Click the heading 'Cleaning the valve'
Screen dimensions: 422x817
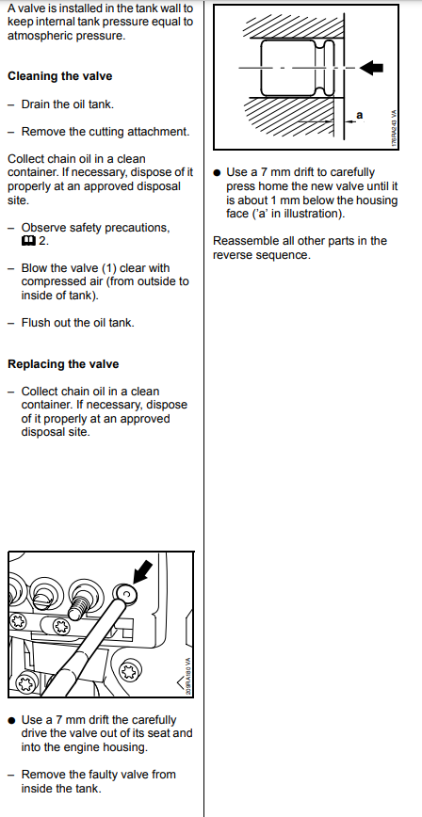pyautogui.click(x=59, y=76)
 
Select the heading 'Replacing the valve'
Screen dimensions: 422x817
pyautogui.click(x=63, y=364)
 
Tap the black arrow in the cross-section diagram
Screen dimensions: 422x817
pyautogui.click(x=372, y=67)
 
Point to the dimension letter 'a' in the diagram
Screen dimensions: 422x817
pyautogui.click(x=359, y=115)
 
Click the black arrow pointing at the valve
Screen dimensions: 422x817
pyautogui.click(x=143, y=571)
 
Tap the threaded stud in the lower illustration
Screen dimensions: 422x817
pyautogui.click(x=79, y=605)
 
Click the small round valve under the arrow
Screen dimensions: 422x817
pyautogui.click(x=125, y=592)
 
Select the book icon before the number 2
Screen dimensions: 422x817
pyautogui.click(x=28, y=242)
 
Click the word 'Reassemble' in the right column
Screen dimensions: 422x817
pyautogui.click(x=243, y=241)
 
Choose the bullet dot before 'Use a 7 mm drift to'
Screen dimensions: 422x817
pyautogui.click(x=217, y=173)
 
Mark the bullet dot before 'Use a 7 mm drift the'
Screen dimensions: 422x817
pyautogui.click(x=12, y=721)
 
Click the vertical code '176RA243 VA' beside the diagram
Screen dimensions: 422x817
pyautogui.click(x=394, y=128)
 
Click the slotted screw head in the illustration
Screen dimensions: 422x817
pyautogui.click(x=42, y=590)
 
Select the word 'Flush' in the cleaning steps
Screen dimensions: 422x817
pyautogui.click(x=35, y=323)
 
